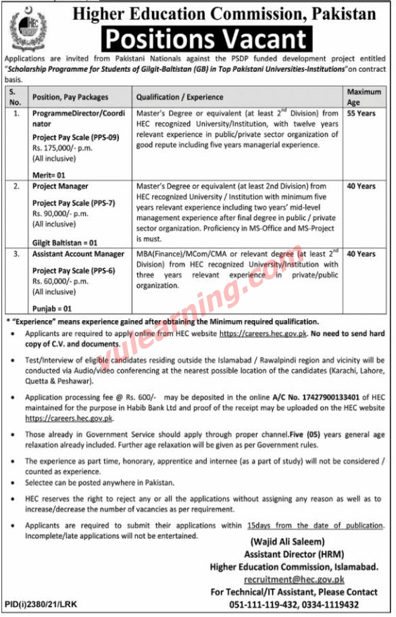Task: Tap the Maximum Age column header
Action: [364, 96]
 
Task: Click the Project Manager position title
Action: [60, 186]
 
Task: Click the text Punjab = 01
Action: [54, 308]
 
